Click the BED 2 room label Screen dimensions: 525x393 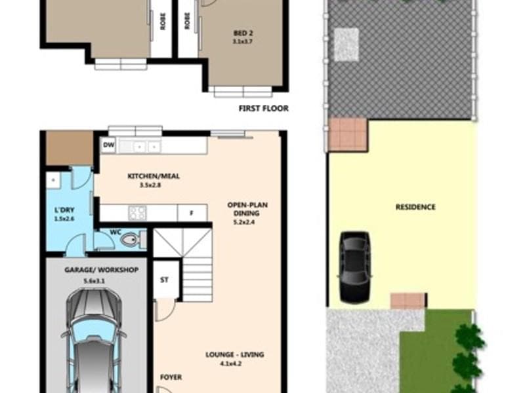click(x=243, y=33)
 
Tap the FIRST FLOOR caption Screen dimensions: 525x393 click(x=264, y=108)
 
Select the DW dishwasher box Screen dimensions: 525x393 click(x=108, y=145)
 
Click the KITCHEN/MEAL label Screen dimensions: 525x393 click(x=154, y=176)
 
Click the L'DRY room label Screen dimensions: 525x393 click(x=64, y=210)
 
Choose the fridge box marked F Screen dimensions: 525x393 click(x=192, y=213)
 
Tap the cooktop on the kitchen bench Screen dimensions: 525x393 click(x=138, y=213)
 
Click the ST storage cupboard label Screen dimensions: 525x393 click(x=164, y=280)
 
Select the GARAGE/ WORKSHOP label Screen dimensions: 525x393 click(x=102, y=270)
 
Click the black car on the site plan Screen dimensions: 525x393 click(x=355, y=267)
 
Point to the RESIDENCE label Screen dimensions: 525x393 click(x=415, y=207)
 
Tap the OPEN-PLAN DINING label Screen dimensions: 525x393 click(x=247, y=209)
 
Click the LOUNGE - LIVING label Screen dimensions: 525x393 click(x=235, y=354)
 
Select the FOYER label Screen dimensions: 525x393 click(x=171, y=377)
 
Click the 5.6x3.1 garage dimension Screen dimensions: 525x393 click(x=94, y=281)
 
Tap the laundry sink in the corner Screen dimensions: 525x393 click(x=53, y=181)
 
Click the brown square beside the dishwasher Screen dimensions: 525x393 click(x=70, y=148)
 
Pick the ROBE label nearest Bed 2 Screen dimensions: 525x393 click(x=187, y=21)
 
